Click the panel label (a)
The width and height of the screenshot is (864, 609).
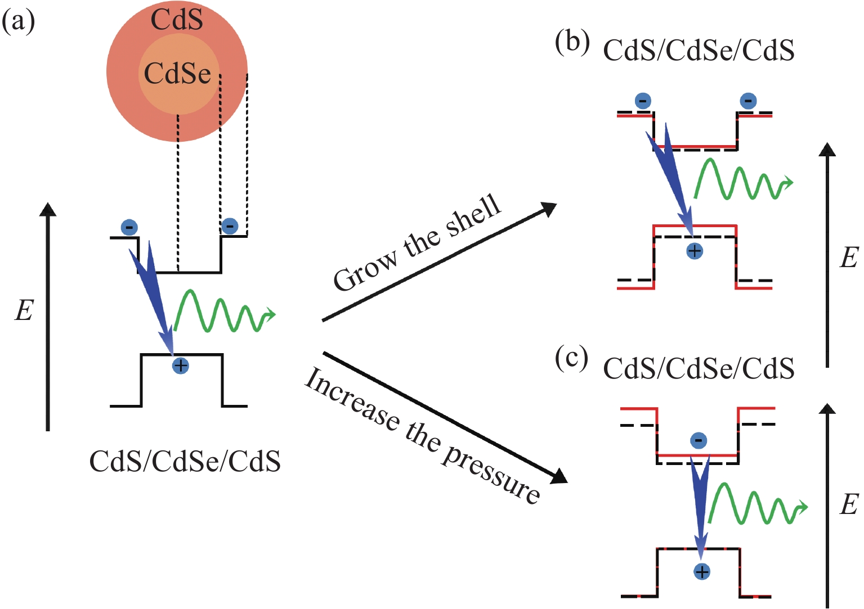19,22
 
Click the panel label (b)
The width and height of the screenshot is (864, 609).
572,43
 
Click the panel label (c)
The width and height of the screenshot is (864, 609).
571,358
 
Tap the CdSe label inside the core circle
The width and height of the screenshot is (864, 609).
177,73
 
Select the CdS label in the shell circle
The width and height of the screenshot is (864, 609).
177,20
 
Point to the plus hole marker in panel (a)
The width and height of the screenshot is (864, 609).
180,366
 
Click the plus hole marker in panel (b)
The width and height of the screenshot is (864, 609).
695,251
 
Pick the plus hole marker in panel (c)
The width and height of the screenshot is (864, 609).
702,572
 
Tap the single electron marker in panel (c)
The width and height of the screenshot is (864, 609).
699,440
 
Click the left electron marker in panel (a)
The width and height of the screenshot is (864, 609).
129,228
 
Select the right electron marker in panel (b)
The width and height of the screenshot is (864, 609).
748,101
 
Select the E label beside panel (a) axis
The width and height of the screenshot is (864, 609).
24,310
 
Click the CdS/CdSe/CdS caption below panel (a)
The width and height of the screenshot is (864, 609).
185,462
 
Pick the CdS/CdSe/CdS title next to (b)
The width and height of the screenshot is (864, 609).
699,51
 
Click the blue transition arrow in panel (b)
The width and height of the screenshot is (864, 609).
673,174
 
